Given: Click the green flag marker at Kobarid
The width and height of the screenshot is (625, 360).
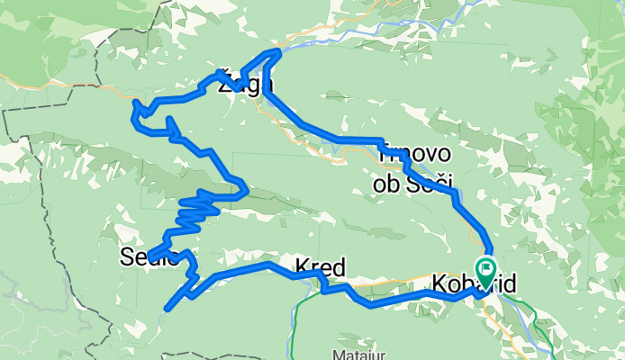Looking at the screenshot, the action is click(x=487, y=267).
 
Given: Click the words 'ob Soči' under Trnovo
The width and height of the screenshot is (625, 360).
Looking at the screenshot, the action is click(x=412, y=183).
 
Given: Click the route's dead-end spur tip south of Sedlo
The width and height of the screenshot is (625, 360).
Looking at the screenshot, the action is click(x=166, y=310).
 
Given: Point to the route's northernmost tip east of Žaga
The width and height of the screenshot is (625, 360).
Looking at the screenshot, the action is click(x=278, y=51).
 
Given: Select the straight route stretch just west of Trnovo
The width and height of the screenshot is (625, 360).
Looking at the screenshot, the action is click(x=356, y=139).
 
